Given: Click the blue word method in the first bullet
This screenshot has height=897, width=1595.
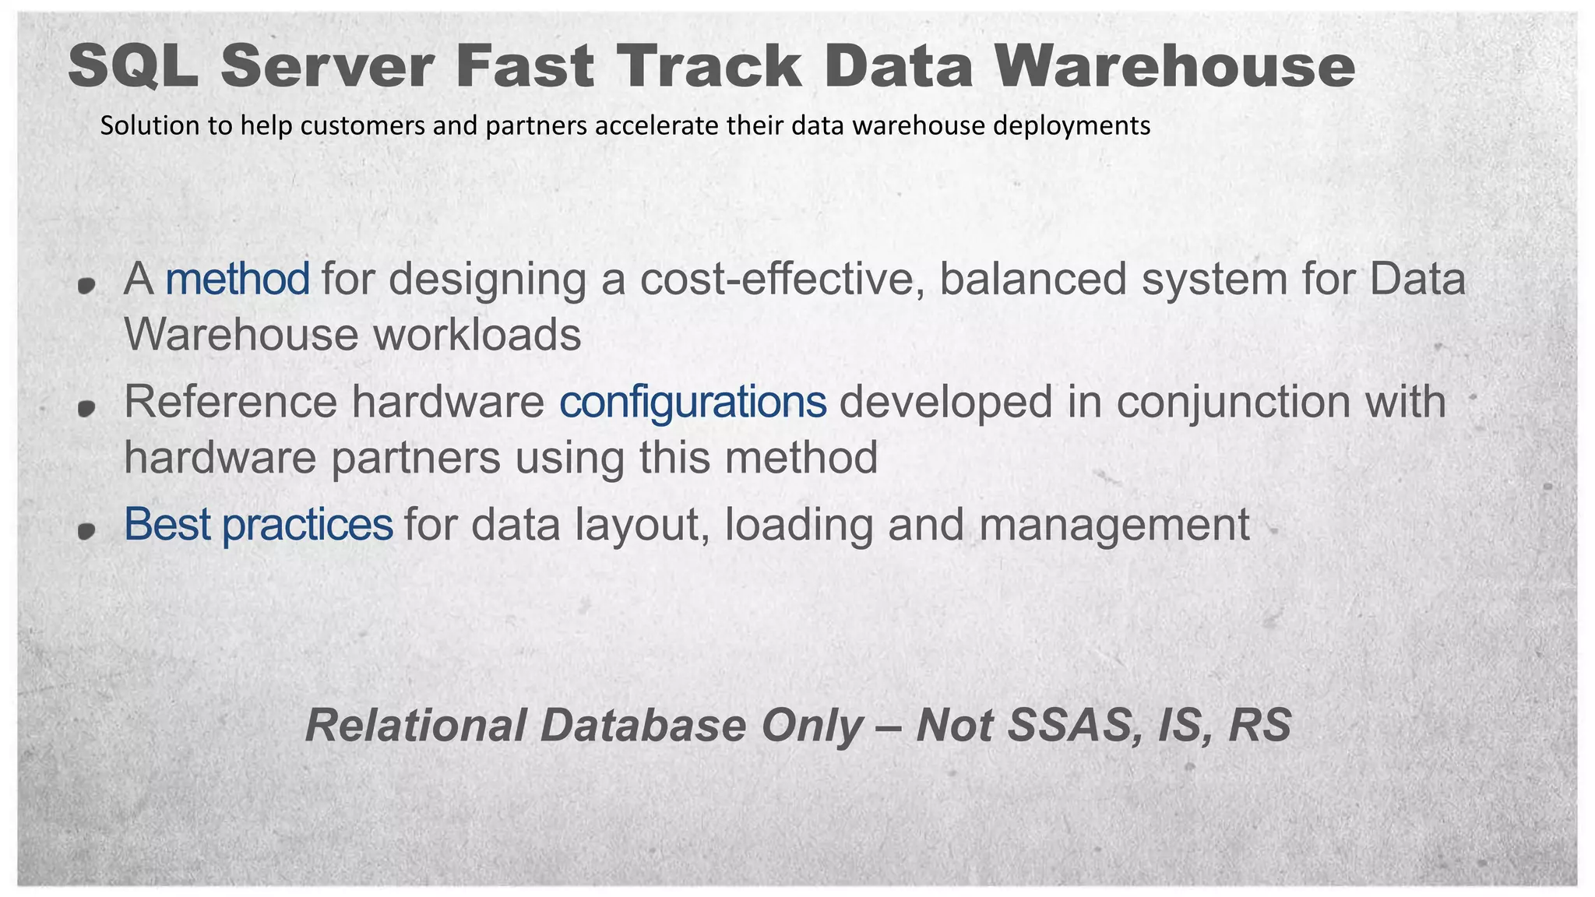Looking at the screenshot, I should (x=238, y=280).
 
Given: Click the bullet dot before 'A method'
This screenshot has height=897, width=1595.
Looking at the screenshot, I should (x=86, y=285).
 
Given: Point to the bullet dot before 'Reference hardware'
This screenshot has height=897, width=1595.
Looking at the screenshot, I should (x=86, y=407).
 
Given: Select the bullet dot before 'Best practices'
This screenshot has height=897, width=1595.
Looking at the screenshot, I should (x=86, y=530).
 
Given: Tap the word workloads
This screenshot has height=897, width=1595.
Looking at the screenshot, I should (x=477, y=335).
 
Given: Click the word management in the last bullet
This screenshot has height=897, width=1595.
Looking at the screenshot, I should (x=1114, y=526).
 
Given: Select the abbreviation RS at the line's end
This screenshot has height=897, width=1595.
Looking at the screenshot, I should (x=1259, y=726).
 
